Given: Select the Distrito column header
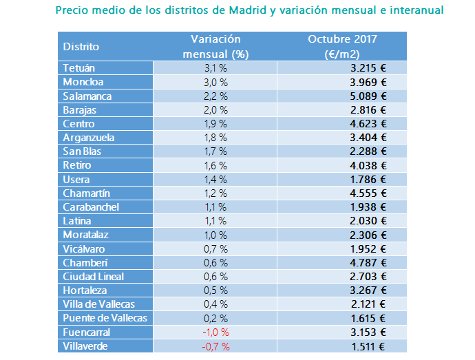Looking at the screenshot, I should tap(81, 47).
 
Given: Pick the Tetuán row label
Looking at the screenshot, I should tap(79, 68).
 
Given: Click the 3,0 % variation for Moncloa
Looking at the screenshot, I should tap(215, 83).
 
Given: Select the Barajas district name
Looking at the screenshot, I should tap(80, 110).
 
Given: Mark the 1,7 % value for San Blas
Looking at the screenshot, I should tap(215, 151).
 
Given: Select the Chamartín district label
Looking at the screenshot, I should tap(87, 193).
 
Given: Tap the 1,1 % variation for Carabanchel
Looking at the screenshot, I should tap(215, 207).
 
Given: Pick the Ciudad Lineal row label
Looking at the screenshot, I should tap(93, 277).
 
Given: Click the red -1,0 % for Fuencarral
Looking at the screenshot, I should tap(215, 332).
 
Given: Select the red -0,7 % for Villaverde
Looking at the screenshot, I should tap(215, 346).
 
